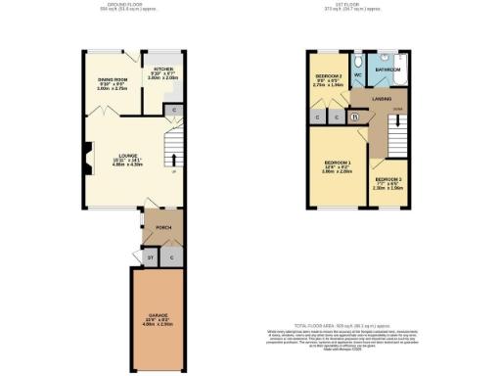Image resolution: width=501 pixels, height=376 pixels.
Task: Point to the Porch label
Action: click(x=162, y=227)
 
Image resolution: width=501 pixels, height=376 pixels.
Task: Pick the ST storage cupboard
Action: click(x=150, y=257)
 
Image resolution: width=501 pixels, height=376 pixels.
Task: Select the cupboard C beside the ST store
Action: click(x=170, y=257)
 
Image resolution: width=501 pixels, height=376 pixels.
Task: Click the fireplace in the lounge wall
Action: click(x=85, y=155)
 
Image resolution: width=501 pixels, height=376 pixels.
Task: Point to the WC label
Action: click(x=357, y=74)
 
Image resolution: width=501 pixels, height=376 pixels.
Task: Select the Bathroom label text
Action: click(x=388, y=70)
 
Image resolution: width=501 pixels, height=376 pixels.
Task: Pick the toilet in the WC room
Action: click(x=359, y=60)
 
